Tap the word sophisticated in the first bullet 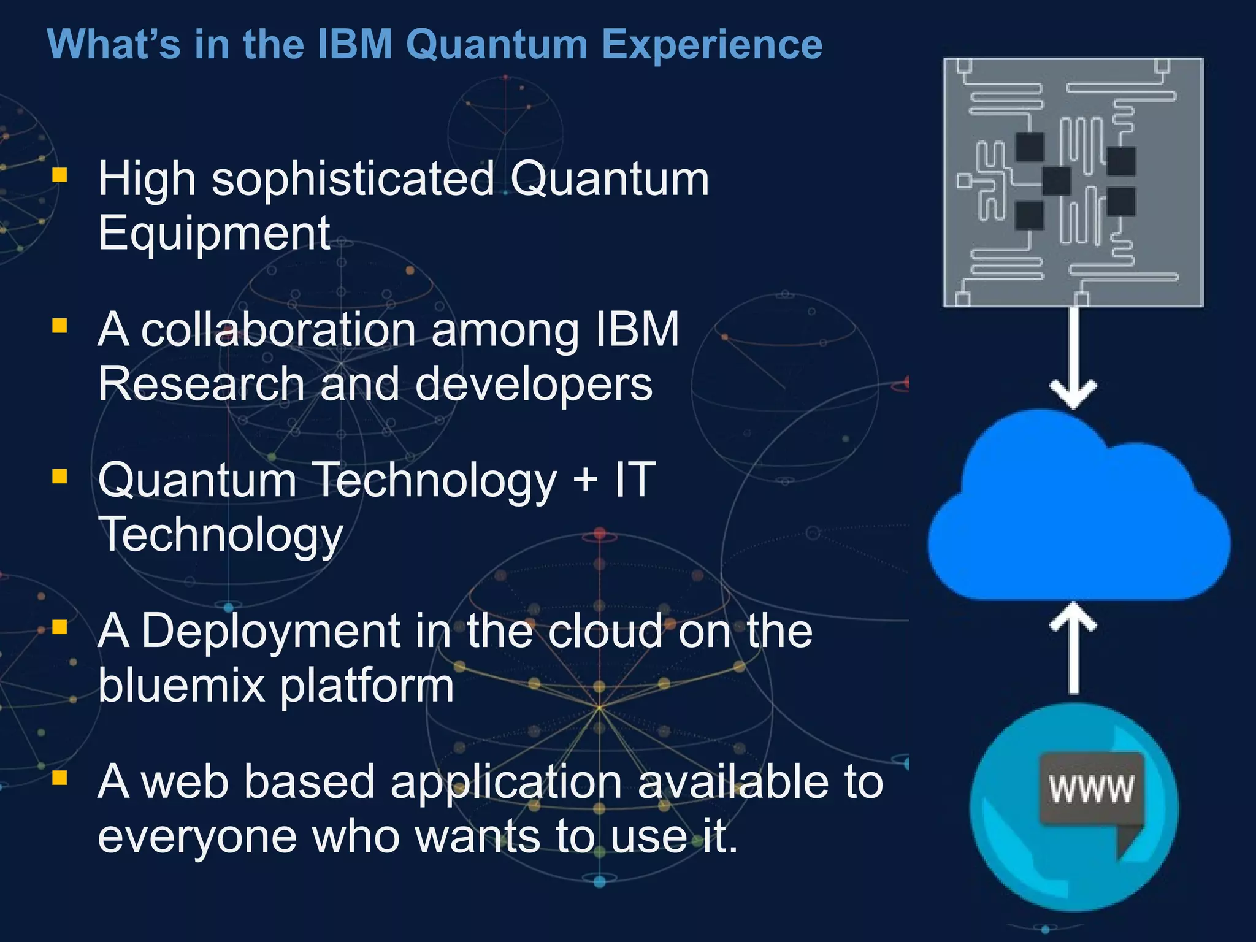pos(353,180)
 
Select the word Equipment pos(215,234)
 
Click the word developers pos(534,385)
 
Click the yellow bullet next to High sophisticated pos(59,175)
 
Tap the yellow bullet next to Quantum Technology pos(59,477)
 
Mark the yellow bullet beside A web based pos(59,778)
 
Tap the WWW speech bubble pos(1092,791)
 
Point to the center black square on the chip pos(1057,181)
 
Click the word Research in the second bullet pos(201,385)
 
